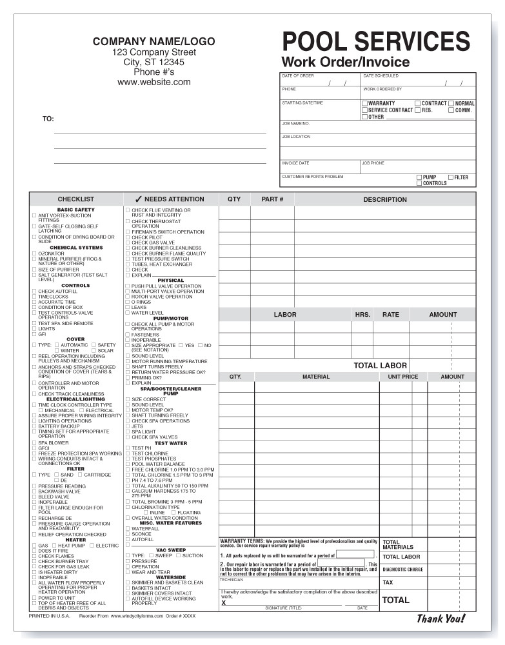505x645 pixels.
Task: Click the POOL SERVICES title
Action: coord(376,41)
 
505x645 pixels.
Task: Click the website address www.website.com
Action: coord(153,82)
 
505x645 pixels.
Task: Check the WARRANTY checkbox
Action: coord(364,103)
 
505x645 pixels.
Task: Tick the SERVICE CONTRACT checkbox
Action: coord(364,110)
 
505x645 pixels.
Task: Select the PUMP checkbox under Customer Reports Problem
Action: coord(419,177)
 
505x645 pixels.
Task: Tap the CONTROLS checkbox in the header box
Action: coord(419,184)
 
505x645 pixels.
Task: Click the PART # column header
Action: coord(272,199)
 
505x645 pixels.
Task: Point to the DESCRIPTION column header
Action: coord(384,199)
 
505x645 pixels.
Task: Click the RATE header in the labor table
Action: coord(390,315)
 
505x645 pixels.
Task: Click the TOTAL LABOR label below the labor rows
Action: coord(380,366)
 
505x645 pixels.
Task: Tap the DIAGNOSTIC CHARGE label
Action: coord(403,570)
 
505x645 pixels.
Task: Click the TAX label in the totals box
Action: coord(388,582)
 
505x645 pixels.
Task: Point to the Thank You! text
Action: coord(441,619)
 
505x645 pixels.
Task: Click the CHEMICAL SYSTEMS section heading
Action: coord(76,248)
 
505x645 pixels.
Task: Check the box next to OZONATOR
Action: coord(34,253)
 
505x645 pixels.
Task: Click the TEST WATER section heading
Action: coord(171,443)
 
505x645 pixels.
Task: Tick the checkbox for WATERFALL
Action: coord(128,529)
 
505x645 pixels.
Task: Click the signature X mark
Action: coord(224,603)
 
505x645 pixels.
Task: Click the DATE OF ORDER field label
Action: coord(298,76)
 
